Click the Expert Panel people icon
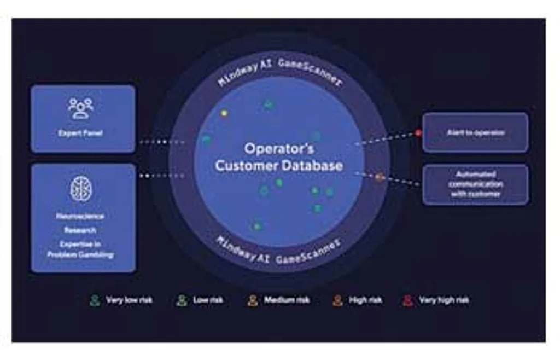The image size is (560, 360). point(81,108)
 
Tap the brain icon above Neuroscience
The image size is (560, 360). point(81,189)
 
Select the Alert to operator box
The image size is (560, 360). point(475,132)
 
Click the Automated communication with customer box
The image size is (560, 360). point(475,184)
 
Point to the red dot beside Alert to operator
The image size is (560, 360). point(418,132)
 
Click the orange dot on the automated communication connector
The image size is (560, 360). point(378,177)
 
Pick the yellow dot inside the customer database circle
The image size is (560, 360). point(224,113)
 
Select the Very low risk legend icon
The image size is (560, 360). point(95,300)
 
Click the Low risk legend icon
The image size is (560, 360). point(182,300)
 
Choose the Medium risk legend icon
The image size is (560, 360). point(252,300)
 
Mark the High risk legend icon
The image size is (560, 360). point(337,300)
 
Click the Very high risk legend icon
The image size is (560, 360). point(407,300)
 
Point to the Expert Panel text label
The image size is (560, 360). point(80,133)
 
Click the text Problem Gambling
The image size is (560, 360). point(80,254)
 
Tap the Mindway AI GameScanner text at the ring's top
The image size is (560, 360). point(279,71)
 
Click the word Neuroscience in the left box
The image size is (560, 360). point(80,216)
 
